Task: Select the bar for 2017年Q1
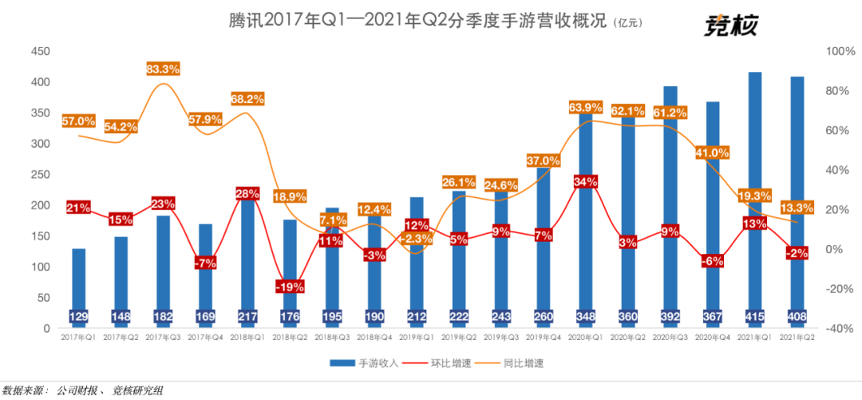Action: tap(78, 279)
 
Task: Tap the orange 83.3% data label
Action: tap(163, 69)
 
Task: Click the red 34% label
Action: tap(586, 182)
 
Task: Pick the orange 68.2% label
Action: tap(247, 99)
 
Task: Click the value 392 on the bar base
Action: tap(670, 317)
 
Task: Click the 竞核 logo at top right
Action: tap(730, 26)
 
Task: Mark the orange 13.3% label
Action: tap(797, 208)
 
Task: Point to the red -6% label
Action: tap(712, 260)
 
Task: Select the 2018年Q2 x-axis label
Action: tap(290, 339)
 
